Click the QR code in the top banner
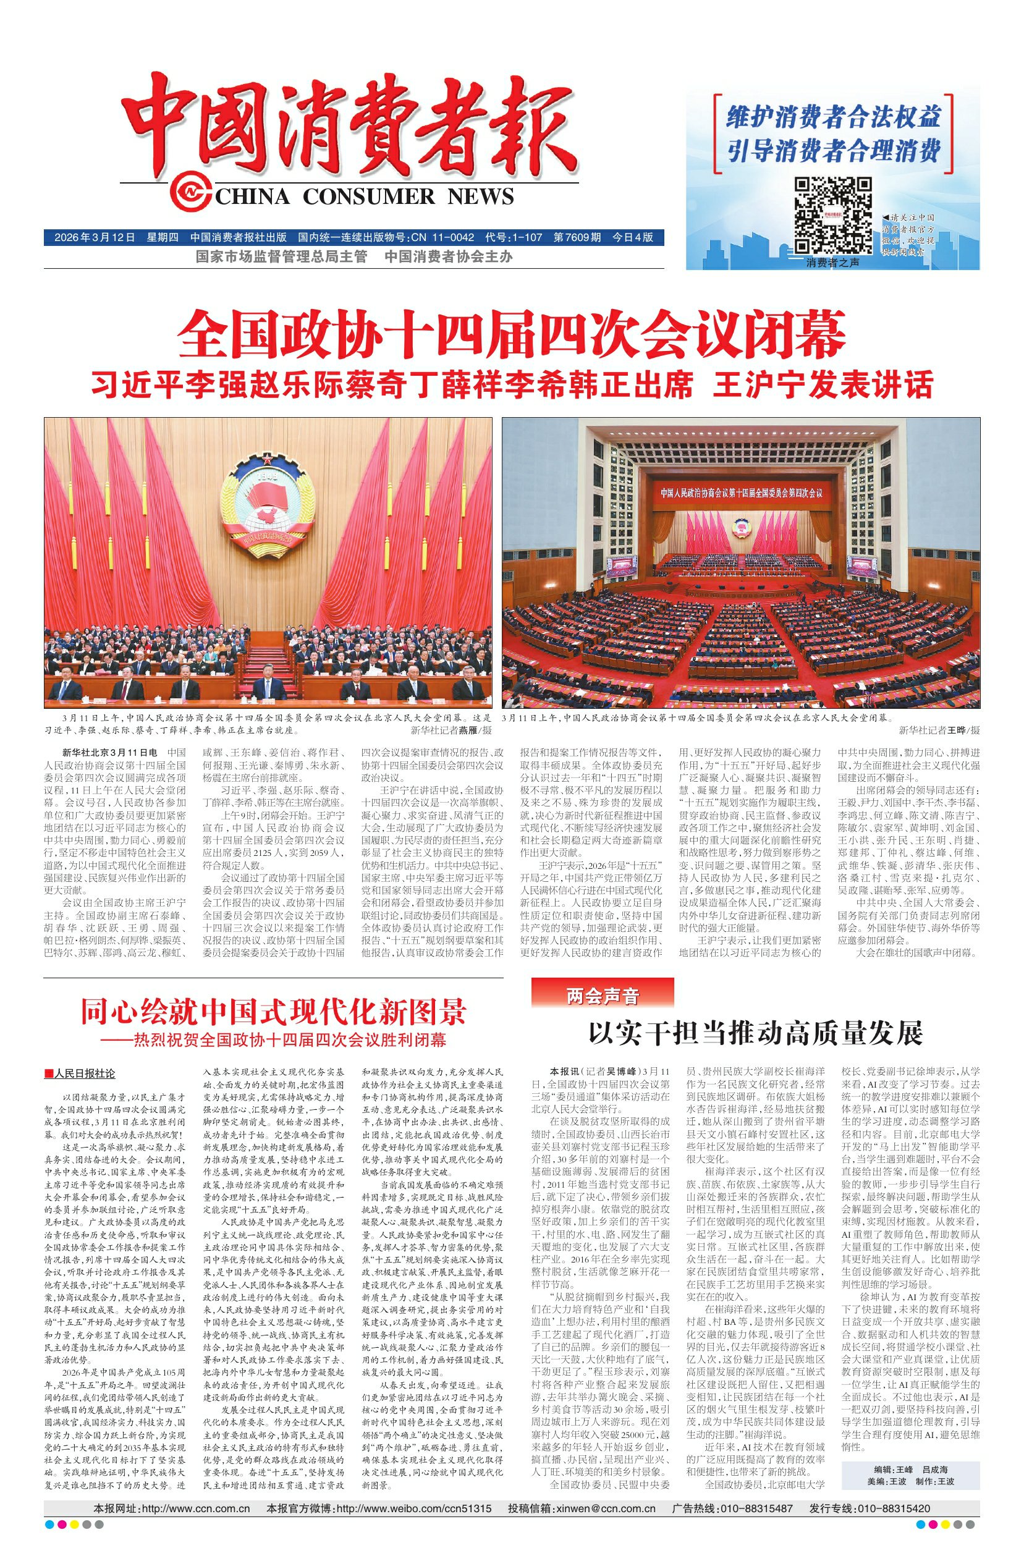832,215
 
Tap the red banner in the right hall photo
740,491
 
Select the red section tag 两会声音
602,997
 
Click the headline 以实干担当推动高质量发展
755,1033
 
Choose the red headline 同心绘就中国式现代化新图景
273,1010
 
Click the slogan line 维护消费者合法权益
833,119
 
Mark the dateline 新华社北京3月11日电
109,752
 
